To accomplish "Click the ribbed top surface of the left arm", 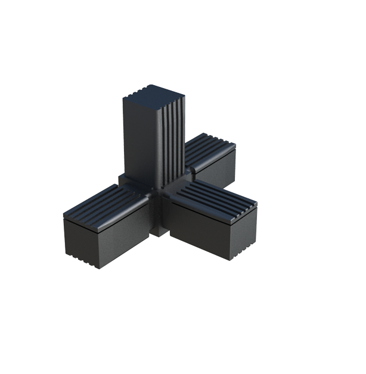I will coord(104,205).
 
